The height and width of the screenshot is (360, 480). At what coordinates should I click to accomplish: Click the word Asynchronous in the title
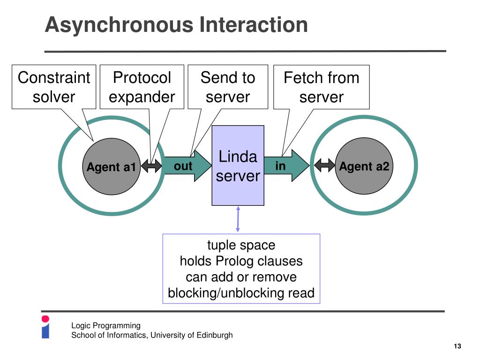tap(119, 25)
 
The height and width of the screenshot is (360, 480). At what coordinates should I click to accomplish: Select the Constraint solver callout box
tap(54, 87)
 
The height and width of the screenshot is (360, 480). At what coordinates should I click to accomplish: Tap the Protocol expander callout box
tap(142, 87)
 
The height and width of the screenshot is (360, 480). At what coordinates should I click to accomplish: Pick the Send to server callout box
tap(228, 87)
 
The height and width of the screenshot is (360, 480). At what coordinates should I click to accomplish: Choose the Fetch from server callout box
tap(322, 87)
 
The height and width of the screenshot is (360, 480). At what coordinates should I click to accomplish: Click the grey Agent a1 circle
tap(112, 166)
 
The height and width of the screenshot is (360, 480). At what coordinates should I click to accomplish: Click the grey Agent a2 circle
tap(364, 166)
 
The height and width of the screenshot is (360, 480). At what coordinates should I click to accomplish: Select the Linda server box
tap(238, 165)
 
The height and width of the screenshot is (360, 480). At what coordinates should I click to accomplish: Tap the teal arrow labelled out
tap(187, 166)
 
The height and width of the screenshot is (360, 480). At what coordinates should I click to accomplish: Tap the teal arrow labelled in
tap(286, 165)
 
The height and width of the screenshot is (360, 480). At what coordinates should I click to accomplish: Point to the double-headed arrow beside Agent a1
tap(151, 165)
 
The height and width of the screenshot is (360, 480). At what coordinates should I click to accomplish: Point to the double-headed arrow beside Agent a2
tap(324, 165)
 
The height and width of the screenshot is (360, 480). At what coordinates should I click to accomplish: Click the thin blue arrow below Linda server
tap(238, 219)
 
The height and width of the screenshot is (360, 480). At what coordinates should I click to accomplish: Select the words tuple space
tap(241, 245)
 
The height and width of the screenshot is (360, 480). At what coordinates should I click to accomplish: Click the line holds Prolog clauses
tap(241, 261)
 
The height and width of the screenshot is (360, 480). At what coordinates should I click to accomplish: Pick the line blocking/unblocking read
tap(241, 293)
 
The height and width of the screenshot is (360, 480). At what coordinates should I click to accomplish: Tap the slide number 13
tap(457, 346)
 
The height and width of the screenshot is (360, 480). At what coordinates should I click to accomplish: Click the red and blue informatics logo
tap(45, 327)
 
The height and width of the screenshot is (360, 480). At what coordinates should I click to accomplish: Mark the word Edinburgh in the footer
tap(215, 335)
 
